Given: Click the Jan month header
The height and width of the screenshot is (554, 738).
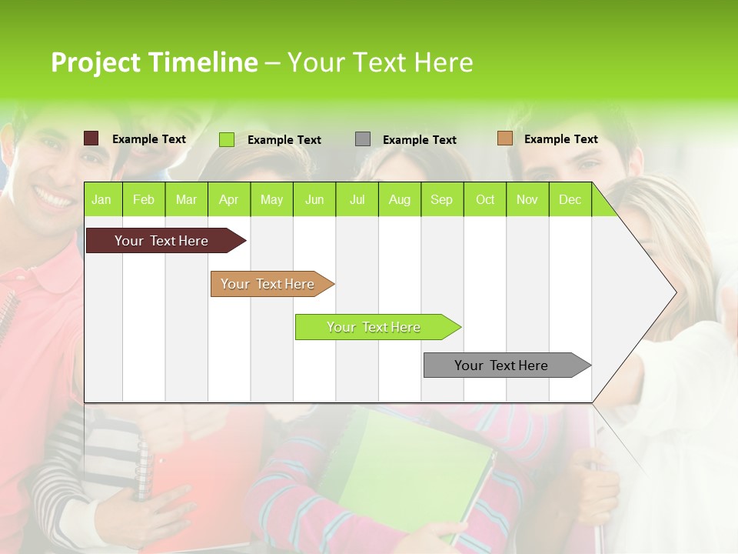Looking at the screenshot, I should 101,199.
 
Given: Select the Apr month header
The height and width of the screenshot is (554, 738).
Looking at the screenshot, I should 228,199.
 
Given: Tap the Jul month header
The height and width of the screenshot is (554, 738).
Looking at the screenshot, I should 357,199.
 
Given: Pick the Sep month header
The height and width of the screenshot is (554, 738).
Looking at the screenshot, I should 441,199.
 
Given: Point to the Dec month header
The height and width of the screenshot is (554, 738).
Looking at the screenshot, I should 570,199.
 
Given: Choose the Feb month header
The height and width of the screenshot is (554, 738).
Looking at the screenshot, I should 144,199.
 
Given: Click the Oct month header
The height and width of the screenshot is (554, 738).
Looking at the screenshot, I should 485,199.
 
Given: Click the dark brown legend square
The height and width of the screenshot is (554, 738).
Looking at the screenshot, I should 91,138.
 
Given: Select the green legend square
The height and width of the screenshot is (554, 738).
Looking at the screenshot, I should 227,139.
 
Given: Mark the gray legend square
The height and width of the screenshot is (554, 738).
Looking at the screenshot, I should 363,139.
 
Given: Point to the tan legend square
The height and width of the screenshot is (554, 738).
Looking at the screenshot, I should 504,138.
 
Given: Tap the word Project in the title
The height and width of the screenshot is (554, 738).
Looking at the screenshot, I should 95,62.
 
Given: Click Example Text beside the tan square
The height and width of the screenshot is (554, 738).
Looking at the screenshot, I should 560,139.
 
